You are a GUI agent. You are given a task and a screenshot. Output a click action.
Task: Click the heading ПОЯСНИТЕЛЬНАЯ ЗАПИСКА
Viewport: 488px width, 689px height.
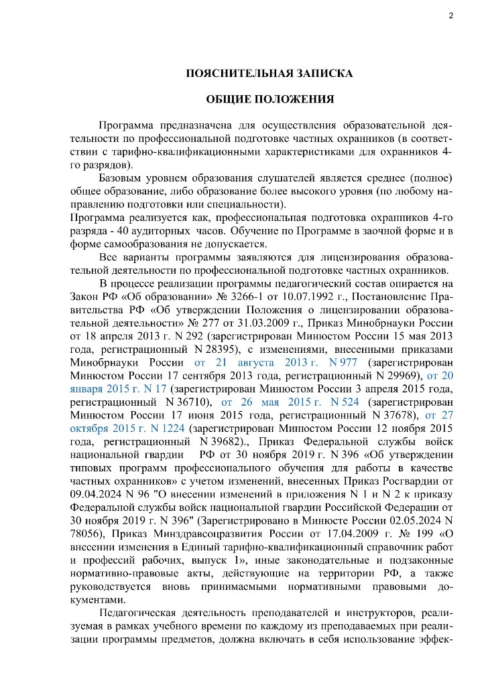pos(269,73)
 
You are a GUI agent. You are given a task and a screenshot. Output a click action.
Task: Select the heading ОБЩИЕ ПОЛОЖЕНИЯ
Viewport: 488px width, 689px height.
pos(269,99)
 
